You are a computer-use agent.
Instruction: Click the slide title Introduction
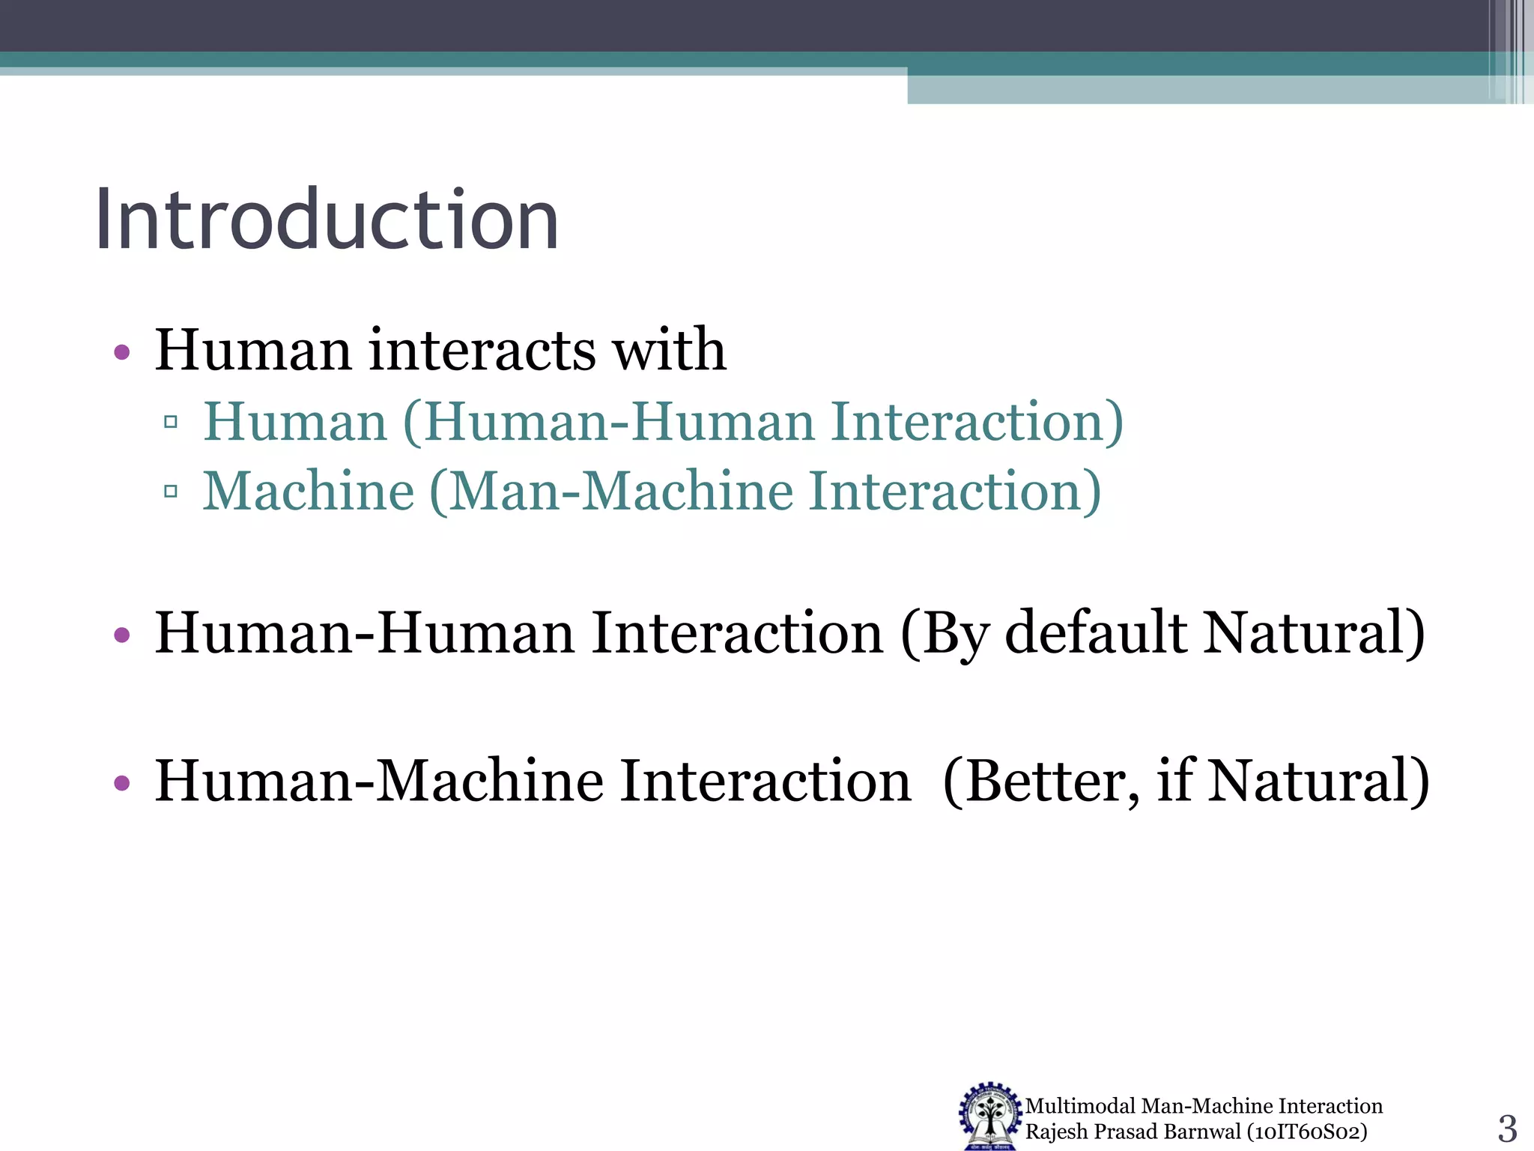pos(327,220)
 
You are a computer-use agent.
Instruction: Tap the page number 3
pos(1507,1128)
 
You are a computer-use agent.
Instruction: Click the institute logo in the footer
pos(990,1116)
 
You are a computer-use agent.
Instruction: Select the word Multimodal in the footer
pos(1080,1106)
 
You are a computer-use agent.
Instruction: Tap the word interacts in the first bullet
pos(482,350)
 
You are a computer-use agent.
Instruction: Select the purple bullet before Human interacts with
pos(122,351)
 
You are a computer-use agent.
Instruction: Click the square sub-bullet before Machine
pos(170,492)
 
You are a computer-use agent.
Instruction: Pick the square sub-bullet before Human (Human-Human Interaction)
pos(170,422)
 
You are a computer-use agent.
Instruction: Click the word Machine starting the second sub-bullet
pos(309,492)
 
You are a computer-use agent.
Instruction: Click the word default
pos(1096,633)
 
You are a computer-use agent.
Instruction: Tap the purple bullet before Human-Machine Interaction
pos(122,784)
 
